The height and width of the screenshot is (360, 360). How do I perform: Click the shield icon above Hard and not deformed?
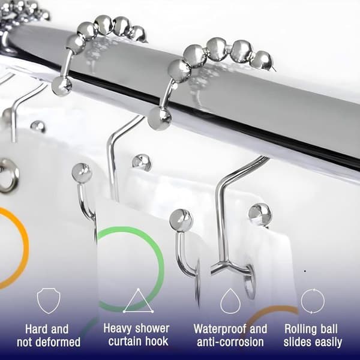pyautogui.click(x=49, y=301)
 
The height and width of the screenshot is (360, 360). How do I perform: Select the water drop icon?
pyautogui.click(x=230, y=301)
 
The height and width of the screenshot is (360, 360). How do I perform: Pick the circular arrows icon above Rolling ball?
pyautogui.click(x=313, y=301)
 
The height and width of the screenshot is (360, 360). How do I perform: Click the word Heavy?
pyautogui.click(x=117, y=329)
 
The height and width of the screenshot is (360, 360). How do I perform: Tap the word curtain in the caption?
pyautogui.click(x=125, y=341)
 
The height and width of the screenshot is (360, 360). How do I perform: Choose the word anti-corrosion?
pyautogui.click(x=230, y=342)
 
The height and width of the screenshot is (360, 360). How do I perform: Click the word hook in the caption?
pyautogui.click(x=157, y=341)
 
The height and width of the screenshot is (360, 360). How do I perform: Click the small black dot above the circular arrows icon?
pyautogui.click(x=305, y=271)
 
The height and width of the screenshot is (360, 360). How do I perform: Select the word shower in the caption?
pyautogui.click(x=151, y=329)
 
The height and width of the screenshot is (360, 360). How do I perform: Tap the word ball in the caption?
pyautogui.click(x=329, y=329)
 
